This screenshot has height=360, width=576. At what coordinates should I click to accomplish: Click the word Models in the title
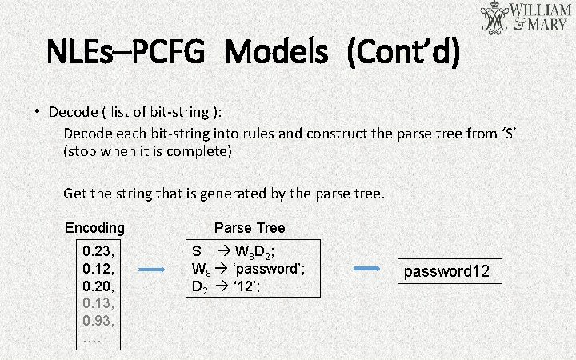(276, 54)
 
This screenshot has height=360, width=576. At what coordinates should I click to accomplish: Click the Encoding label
(94, 228)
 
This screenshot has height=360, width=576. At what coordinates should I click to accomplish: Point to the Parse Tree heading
(250, 228)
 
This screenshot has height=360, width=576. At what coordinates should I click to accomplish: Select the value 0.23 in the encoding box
(98, 250)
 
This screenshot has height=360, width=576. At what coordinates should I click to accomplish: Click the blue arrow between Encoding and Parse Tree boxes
(151, 270)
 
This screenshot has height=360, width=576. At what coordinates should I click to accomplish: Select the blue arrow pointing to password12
(367, 270)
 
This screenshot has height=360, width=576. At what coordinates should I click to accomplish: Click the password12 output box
(446, 271)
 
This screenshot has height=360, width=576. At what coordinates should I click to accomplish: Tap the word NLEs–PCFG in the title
(129, 54)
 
